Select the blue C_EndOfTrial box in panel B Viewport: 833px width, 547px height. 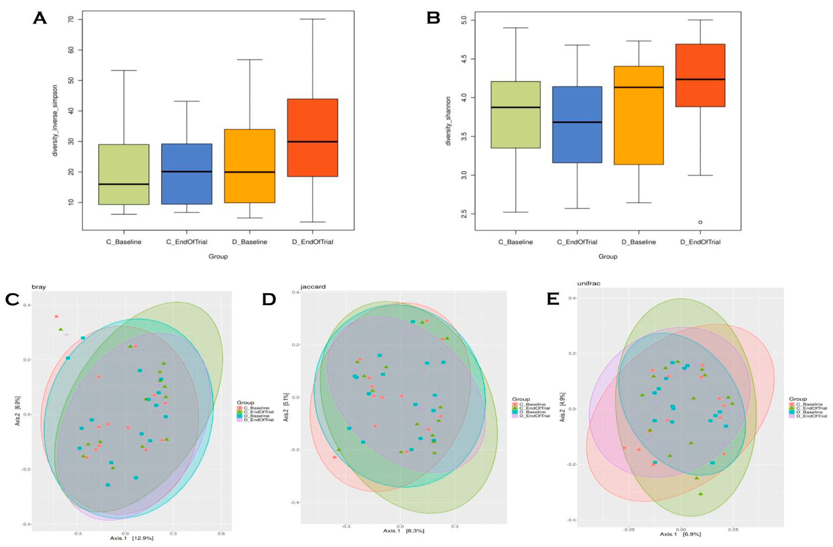tap(577, 124)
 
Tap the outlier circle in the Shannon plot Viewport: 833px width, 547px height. tap(700, 222)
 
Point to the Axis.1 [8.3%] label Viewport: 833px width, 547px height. tap(403, 530)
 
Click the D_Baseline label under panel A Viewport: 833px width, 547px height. tap(250, 242)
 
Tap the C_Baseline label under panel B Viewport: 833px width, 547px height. tap(515, 242)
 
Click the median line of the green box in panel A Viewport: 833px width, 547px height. tap(124, 184)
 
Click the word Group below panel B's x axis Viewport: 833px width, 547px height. tap(608, 256)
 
